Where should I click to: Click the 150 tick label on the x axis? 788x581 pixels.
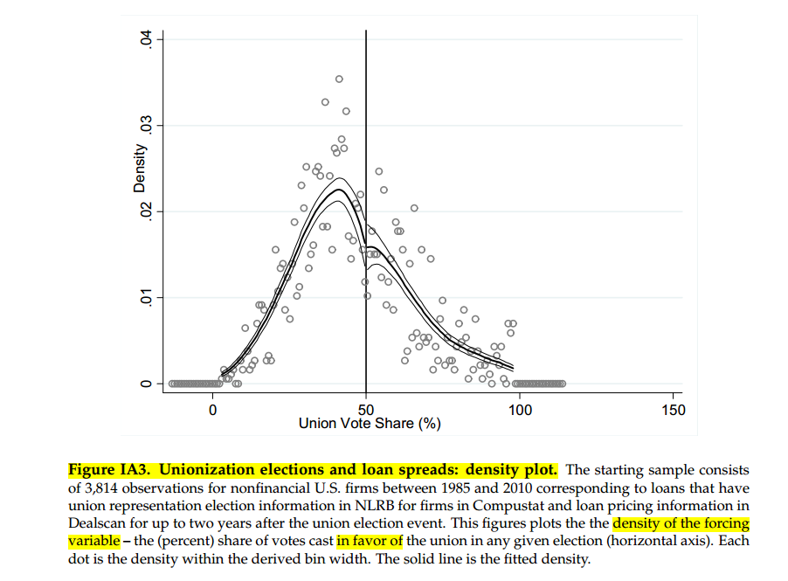pyautogui.click(x=674, y=410)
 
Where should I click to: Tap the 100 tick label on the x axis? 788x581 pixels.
pyautogui.click(x=520, y=410)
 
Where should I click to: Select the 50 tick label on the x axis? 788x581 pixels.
pyautogui.click(x=366, y=410)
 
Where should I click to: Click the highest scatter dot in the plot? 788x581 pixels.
pyautogui.click(x=339, y=80)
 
